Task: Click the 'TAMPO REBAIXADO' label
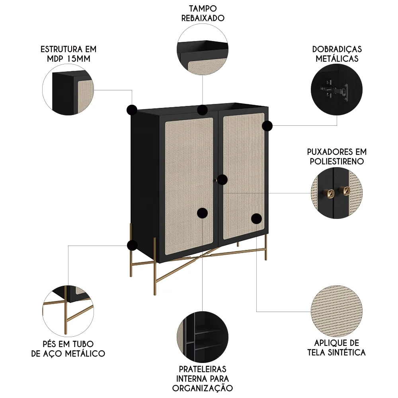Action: (x=203, y=13)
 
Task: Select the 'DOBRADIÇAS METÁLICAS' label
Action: (x=337, y=54)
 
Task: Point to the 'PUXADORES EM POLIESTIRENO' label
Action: (x=337, y=156)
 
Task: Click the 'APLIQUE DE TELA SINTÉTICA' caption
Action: (x=337, y=347)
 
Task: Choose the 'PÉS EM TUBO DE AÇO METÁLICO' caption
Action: (x=68, y=348)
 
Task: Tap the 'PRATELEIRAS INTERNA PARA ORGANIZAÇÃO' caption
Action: (x=203, y=378)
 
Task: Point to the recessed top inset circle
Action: (x=203, y=48)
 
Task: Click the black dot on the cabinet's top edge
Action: (x=203, y=109)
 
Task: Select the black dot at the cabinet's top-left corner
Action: (x=132, y=110)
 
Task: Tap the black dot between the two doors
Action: (x=222, y=179)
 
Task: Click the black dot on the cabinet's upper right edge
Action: (x=267, y=126)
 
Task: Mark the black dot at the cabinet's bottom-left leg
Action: (x=132, y=245)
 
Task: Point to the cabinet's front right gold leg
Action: (x=266, y=247)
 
